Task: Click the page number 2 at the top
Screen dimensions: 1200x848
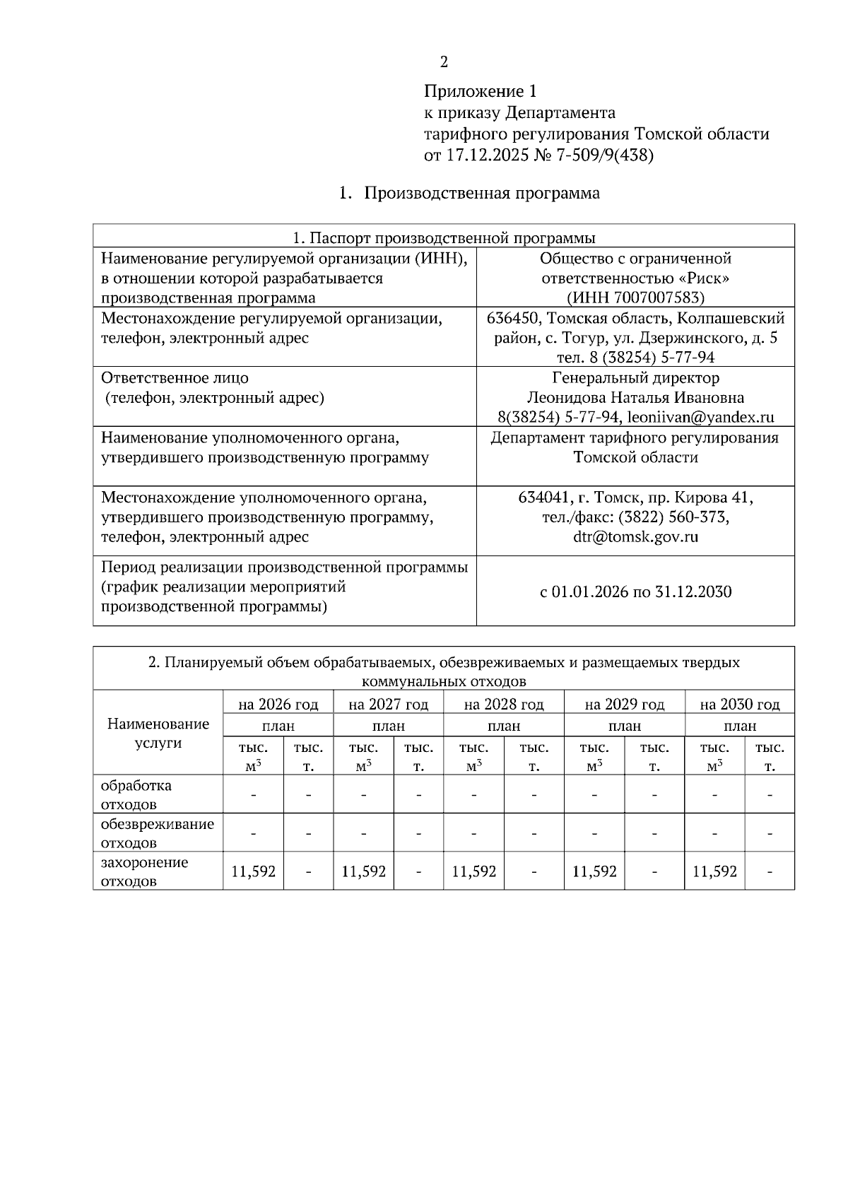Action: coord(444,62)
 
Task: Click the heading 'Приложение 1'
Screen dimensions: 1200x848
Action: coord(480,91)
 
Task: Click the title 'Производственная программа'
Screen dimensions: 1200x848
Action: coord(481,193)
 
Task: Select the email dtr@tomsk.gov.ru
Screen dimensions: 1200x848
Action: coord(635,536)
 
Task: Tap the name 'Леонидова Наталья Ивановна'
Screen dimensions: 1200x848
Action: coord(635,397)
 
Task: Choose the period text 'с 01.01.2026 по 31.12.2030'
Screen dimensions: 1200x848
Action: coord(635,592)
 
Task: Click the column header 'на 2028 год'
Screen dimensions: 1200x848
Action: coord(504,704)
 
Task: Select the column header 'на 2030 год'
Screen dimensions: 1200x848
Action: coord(739,704)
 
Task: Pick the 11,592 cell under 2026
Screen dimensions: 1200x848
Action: coord(253,871)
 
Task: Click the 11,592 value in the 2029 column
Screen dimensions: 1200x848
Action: coord(594,871)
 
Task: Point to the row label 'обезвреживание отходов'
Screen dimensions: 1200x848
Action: coord(157,833)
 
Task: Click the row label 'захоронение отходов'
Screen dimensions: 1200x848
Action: coord(144,871)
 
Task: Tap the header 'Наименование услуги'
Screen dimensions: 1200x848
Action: coord(158,733)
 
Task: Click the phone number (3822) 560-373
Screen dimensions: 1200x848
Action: coord(673,517)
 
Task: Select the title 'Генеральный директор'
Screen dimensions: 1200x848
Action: coord(635,377)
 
